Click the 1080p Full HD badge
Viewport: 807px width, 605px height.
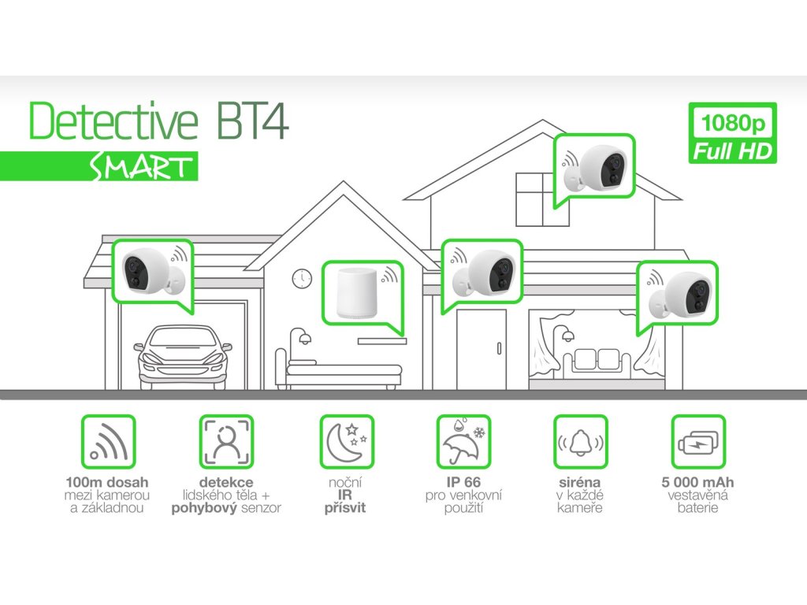pyautogui.click(x=732, y=133)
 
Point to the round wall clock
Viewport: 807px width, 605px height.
pyautogui.click(x=302, y=278)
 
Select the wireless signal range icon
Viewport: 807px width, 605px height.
pyautogui.click(x=109, y=442)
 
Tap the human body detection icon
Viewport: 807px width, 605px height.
pyautogui.click(x=226, y=442)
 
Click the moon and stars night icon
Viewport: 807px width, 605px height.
pyautogui.click(x=346, y=442)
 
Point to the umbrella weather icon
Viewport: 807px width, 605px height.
pyautogui.click(x=463, y=442)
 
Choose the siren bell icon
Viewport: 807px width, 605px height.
pyautogui.click(x=581, y=442)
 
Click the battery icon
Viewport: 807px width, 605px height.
pyautogui.click(x=698, y=442)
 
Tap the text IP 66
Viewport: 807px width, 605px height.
pyautogui.click(x=463, y=482)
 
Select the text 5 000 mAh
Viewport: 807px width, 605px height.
pyautogui.click(x=698, y=482)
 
